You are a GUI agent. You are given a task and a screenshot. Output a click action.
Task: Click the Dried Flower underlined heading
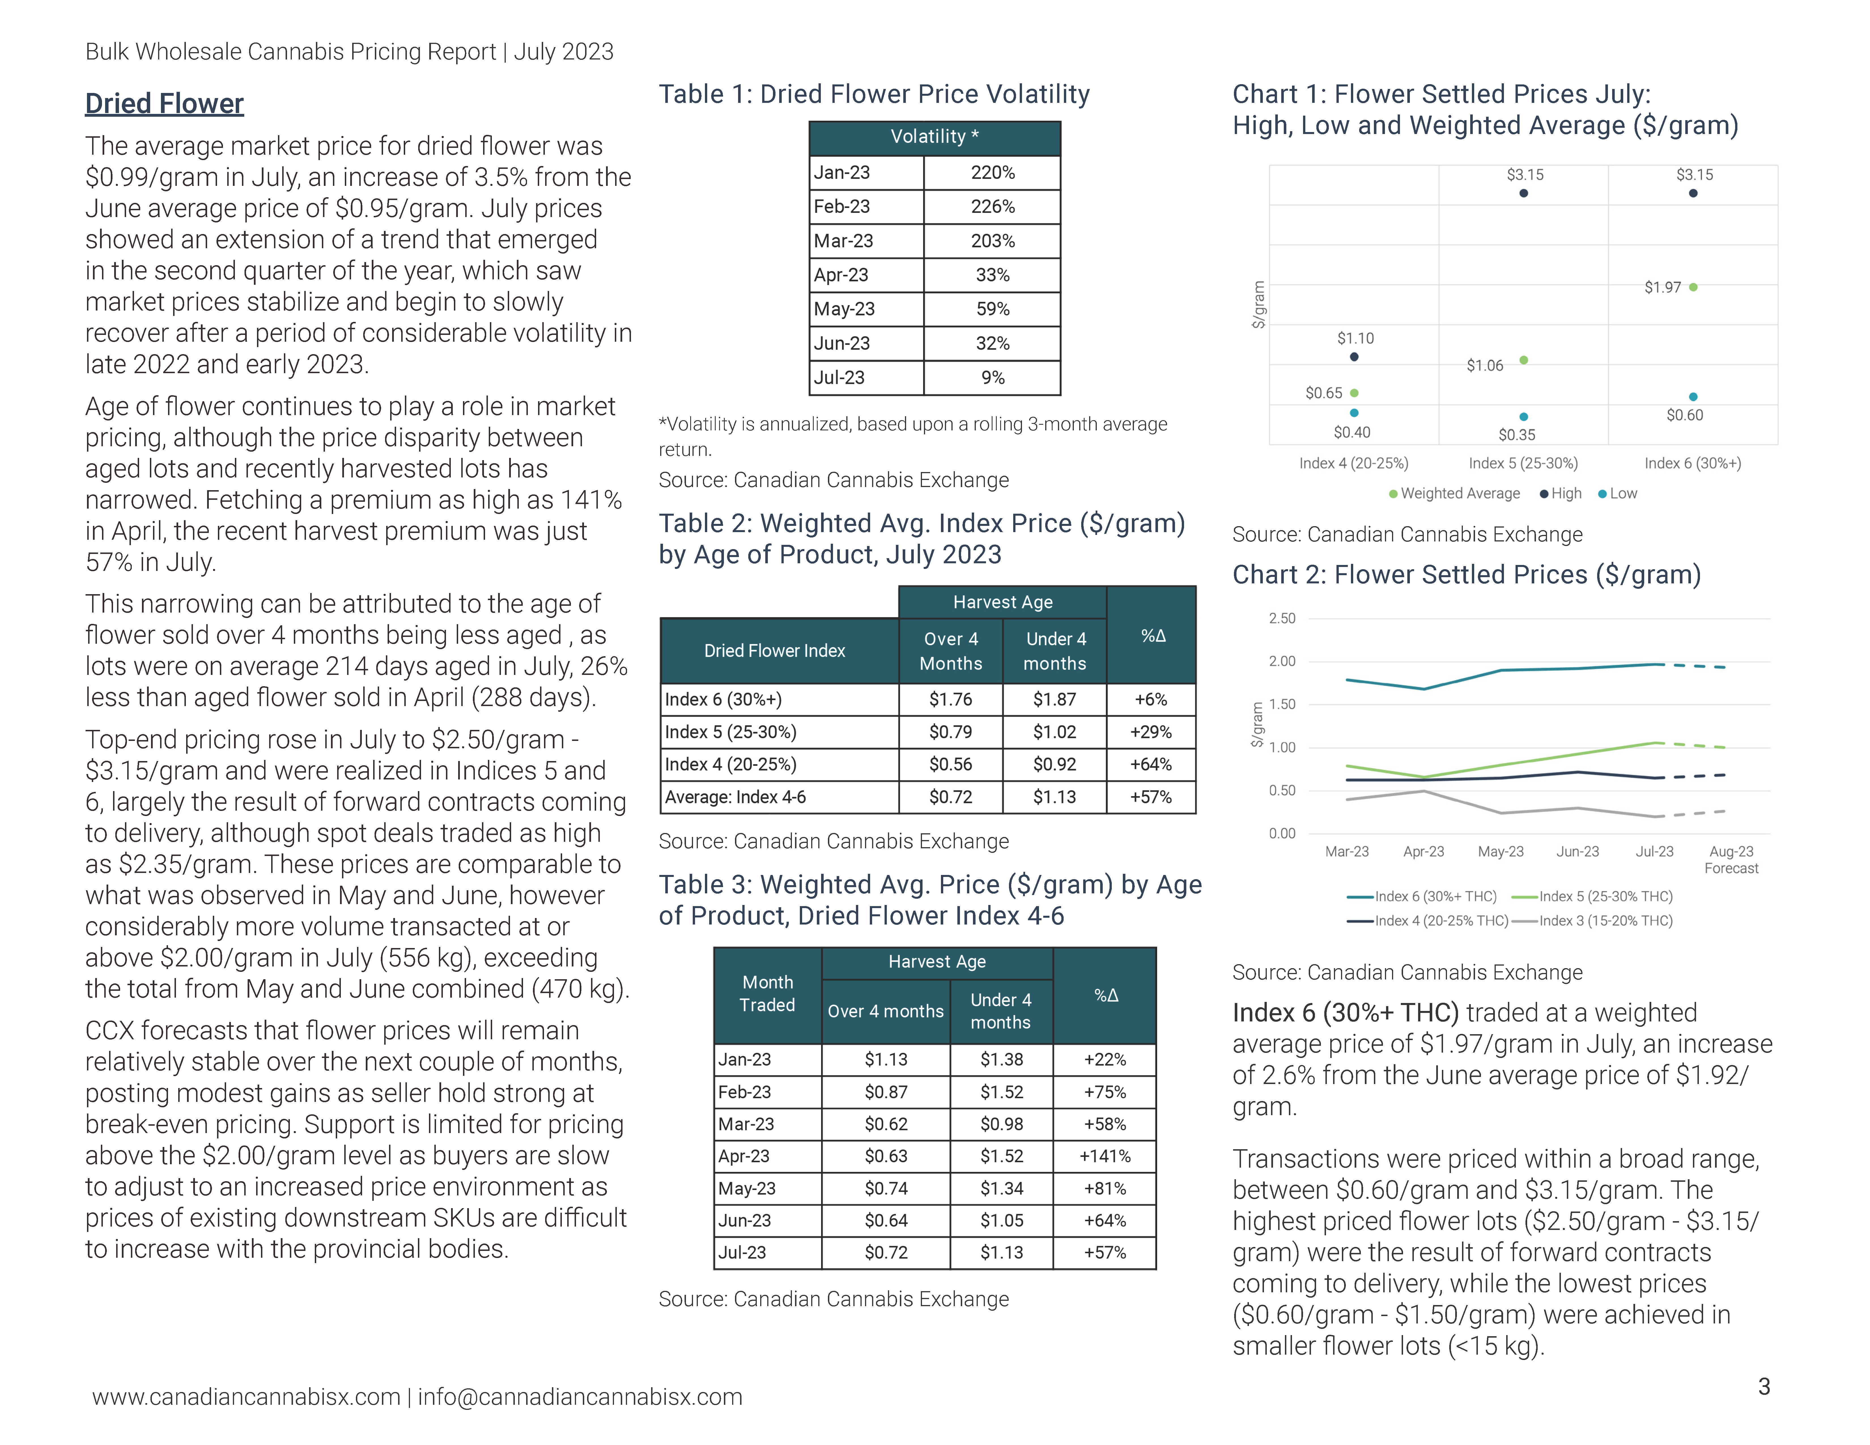pyautogui.click(x=164, y=104)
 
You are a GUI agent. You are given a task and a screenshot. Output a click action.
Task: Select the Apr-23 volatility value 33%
pyautogui.click(x=992, y=275)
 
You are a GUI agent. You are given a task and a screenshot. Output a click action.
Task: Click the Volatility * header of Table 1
pyautogui.click(x=934, y=137)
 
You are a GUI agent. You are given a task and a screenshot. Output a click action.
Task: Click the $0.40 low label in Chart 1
pyautogui.click(x=1352, y=432)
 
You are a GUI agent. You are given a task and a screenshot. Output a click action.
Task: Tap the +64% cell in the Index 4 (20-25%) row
pyautogui.click(x=1151, y=764)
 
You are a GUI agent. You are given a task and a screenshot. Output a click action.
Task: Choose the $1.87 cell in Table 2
pyautogui.click(x=1054, y=699)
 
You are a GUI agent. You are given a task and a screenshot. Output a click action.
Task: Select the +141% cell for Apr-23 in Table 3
pyautogui.click(x=1104, y=1156)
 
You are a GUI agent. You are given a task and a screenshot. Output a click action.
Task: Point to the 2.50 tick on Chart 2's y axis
pyautogui.click(x=1282, y=618)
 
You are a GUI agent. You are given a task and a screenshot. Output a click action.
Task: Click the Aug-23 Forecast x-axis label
pyautogui.click(x=1730, y=859)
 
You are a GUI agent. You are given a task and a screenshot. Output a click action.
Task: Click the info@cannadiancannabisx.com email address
pyautogui.click(x=580, y=1397)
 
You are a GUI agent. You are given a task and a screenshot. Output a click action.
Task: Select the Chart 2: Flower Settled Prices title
pyautogui.click(x=1466, y=574)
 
